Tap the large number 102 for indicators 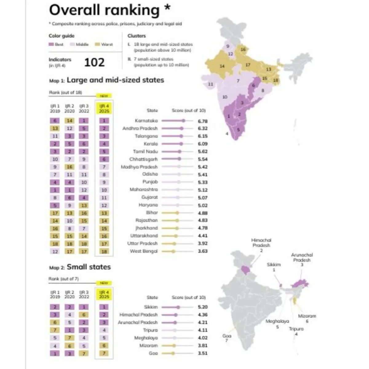(x=94, y=62)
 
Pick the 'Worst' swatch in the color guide (x=97, y=45)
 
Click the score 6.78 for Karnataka (x=203, y=121)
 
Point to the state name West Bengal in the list (x=144, y=251)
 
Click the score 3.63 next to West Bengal (x=203, y=251)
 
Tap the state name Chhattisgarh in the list (x=143, y=159)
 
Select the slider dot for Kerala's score (x=181, y=144)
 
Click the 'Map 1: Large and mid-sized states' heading (x=106, y=80)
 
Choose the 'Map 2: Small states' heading (x=80, y=267)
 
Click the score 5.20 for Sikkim (x=203, y=307)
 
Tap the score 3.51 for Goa (x=203, y=353)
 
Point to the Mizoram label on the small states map (x=307, y=316)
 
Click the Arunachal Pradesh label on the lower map (x=302, y=257)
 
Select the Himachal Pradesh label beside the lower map (x=261, y=243)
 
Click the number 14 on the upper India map (x=222, y=66)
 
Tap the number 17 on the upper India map (x=248, y=65)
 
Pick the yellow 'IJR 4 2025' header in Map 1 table (x=104, y=109)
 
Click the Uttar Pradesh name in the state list (x=142, y=244)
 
